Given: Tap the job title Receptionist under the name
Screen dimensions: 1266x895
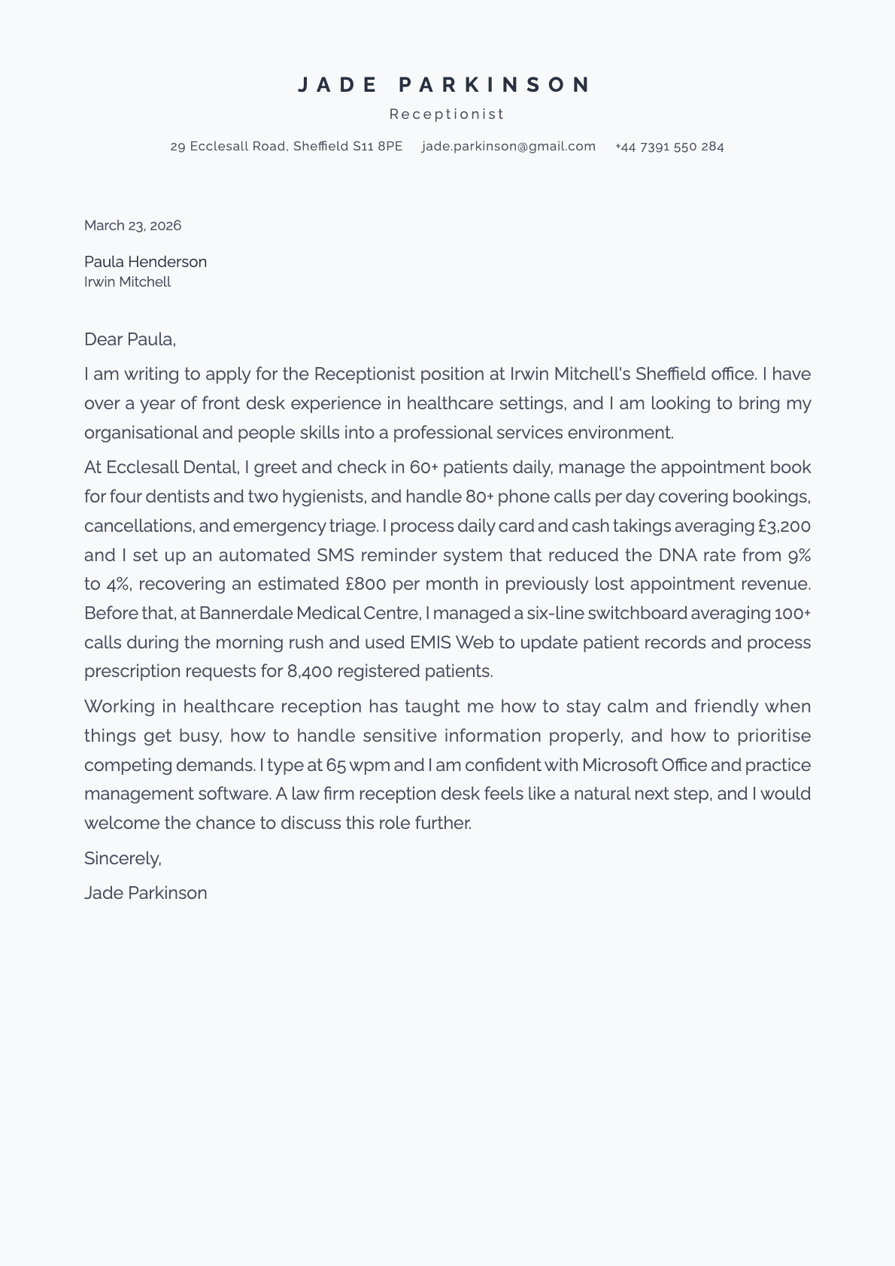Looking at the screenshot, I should pyautogui.click(x=447, y=114).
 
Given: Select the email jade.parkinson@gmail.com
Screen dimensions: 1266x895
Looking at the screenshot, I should pyautogui.click(x=508, y=147).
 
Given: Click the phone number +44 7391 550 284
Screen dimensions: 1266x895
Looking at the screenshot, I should pyautogui.click(x=669, y=147).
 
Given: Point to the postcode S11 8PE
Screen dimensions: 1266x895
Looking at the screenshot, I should pyautogui.click(x=378, y=147).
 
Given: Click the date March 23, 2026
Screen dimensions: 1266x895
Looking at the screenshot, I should pyautogui.click(x=132, y=226).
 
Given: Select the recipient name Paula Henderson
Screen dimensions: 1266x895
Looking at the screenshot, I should pyautogui.click(x=145, y=262).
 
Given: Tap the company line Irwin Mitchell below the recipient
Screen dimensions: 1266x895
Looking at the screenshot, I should pyautogui.click(x=127, y=282).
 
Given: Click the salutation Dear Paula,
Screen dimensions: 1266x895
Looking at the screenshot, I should pyautogui.click(x=129, y=339).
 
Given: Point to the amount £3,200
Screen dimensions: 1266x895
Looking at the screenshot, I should pyautogui.click(x=784, y=526).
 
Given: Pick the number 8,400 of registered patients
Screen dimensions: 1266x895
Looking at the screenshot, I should pyautogui.click(x=309, y=671).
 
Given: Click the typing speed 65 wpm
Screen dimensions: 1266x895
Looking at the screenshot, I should pyautogui.click(x=358, y=765).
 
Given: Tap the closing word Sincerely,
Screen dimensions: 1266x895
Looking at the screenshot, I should pyautogui.click(x=123, y=858).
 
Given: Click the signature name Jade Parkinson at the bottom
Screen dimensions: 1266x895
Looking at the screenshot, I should pyautogui.click(x=145, y=893).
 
